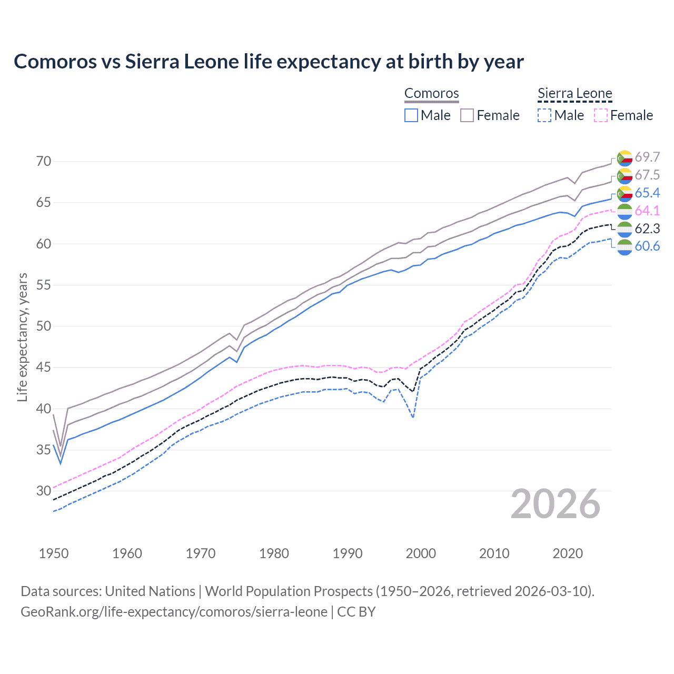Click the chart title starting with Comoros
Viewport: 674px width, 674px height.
(269, 62)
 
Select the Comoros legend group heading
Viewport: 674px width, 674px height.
(431, 94)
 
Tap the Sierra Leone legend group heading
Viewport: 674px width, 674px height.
(574, 94)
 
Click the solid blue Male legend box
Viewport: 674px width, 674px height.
(411, 115)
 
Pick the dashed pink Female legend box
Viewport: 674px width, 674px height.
(601, 115)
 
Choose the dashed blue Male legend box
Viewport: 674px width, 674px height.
(544, 115)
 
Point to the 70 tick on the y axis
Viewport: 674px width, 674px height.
(44, 161)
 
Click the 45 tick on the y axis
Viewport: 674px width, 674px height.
(44, 367)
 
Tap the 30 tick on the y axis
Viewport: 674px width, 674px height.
(44, 491)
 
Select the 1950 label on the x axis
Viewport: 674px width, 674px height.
(54, 553)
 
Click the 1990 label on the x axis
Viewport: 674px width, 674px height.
(348, 553)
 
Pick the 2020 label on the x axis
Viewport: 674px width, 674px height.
(568, 553)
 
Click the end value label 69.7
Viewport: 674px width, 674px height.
(647, 157)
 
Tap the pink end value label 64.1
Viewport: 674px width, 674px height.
(647, 211)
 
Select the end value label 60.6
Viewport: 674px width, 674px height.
(647, 246)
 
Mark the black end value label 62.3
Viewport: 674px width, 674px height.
(647, 229)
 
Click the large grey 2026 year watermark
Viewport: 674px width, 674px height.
(556, 504)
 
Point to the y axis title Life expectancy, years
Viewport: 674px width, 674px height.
(23, 337)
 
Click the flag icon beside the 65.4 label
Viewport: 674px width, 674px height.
(625, 194)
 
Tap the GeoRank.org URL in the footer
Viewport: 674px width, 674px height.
(174, 612)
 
